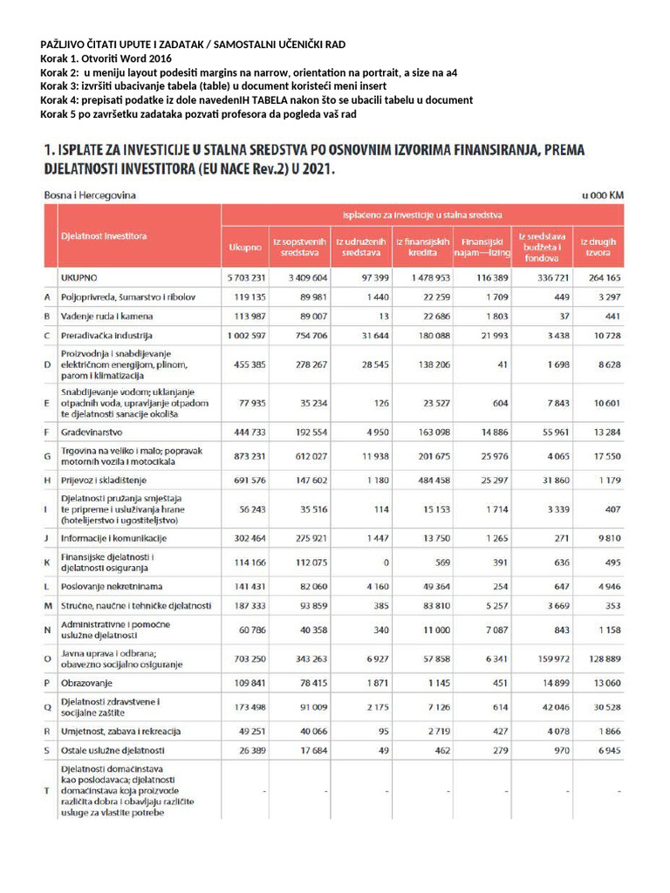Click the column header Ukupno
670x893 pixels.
245,248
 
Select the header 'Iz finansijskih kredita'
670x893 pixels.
422,248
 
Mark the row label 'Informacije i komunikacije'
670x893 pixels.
113,539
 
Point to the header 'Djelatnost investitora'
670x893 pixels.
104,236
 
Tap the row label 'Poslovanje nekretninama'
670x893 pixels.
112,586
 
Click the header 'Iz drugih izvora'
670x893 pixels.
597,248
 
